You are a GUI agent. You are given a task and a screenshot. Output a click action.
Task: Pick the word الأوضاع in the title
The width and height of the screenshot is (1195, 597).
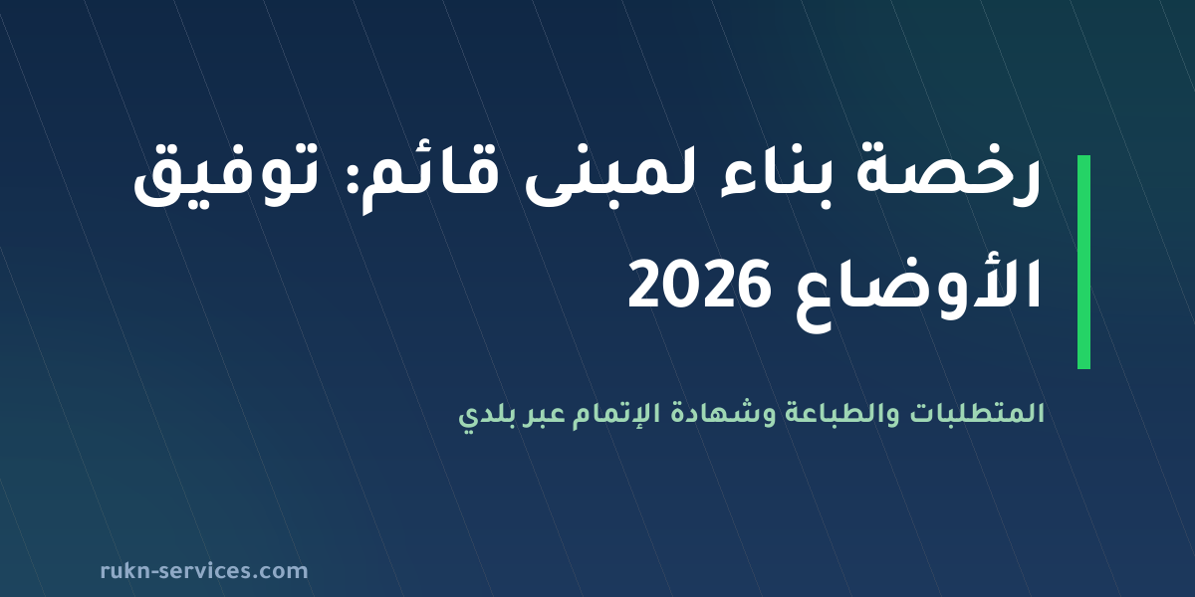click(918, 291)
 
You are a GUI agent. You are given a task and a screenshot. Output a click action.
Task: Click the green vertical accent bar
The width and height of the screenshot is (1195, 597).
click(1083, 262)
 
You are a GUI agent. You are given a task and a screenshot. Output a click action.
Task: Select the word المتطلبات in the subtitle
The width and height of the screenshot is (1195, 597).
click(976, 414)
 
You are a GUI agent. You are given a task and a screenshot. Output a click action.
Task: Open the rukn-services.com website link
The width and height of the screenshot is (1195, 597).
click(204, 571)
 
